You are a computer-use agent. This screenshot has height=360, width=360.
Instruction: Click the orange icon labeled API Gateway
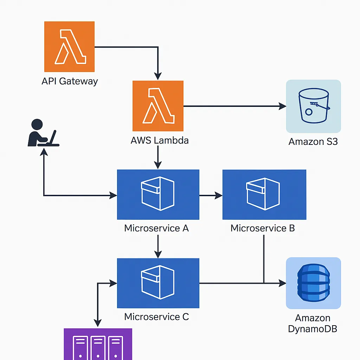[69, 46]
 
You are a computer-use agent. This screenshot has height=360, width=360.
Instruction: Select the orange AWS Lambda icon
[158, 106]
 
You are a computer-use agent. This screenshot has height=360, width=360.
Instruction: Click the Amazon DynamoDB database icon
[313, 283]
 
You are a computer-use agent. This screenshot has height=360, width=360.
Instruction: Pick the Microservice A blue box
[158, 194]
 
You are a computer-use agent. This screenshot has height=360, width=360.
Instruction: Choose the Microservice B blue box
[264, 194]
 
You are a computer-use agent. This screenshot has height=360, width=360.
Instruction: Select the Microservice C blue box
[158, 283]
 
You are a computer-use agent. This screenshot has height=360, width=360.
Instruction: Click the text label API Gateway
[70, 82]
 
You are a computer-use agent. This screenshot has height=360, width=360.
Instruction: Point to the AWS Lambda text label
[160, 141]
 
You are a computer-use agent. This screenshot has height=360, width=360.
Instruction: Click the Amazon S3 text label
[313, 142]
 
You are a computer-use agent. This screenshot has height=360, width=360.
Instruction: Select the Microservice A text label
[156, 228]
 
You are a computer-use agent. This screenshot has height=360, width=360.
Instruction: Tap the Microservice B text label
[263, 228]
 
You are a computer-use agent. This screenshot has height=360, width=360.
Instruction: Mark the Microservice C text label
[156, 317]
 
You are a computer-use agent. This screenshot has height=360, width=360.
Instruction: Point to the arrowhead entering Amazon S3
[282, 106]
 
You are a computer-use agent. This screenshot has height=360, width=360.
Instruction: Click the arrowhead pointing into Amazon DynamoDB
[282, 283]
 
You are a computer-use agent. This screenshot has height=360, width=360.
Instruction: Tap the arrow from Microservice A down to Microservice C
[158, 246]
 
